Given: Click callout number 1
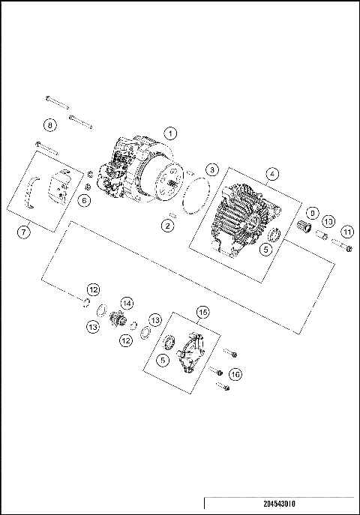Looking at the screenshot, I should [171, 133].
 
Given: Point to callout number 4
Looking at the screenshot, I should [272, 173].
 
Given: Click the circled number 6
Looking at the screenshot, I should [84, 200].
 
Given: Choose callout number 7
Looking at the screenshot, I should [24, 232].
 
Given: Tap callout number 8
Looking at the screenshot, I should [49, 124].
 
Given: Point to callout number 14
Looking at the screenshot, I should [127, 303].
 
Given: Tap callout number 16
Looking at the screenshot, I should [236, 373].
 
